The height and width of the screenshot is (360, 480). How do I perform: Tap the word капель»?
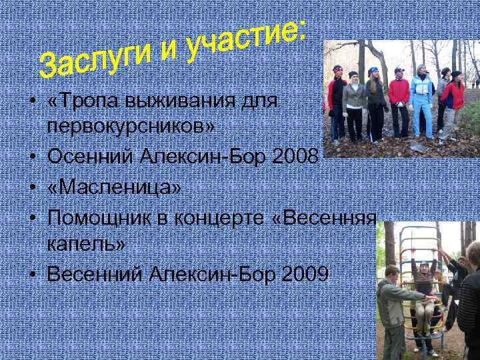pyautogui.click(x=86, y=245)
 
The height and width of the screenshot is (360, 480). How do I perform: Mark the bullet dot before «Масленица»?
pyautogui.click(x=31, y=189)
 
